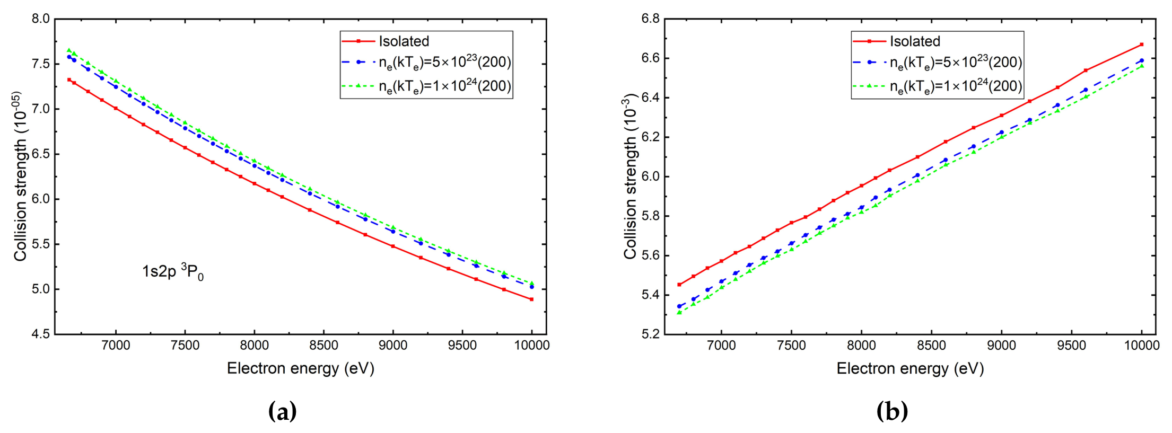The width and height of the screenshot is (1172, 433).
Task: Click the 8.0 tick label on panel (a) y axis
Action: tap(41, 19)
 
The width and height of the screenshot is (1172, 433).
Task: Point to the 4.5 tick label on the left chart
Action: tap(41, 334)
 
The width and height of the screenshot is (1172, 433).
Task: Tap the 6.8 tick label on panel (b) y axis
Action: tap(650, 19)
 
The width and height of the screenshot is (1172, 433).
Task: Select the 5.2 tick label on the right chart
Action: tap(650, 334)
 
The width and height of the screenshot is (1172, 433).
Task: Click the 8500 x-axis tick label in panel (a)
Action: tap(323, 346)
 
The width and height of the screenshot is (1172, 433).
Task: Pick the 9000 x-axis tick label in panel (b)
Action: tap(1001, 346)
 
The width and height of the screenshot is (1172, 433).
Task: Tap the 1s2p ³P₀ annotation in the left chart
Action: tap(173, 272)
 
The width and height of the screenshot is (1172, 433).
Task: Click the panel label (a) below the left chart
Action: tap(283, 411)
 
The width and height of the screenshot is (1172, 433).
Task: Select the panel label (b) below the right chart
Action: tap(893, 411)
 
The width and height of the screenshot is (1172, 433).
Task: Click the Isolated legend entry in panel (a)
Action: tap(386, 41)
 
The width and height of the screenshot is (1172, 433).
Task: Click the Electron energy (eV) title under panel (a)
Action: tap(301, 368)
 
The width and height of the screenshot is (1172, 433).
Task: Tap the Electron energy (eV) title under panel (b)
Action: tap(910, 368)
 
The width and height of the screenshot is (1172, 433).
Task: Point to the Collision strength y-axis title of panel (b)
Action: tap(629, 176)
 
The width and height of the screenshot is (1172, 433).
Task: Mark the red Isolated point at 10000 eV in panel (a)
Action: tap(531, 299)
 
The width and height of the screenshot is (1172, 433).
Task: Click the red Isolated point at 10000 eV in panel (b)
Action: tap(1141, 45)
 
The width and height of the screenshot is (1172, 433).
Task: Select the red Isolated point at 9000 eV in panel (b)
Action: tap(1001, 116)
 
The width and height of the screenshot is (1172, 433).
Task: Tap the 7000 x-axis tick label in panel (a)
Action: tap(116, 346)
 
